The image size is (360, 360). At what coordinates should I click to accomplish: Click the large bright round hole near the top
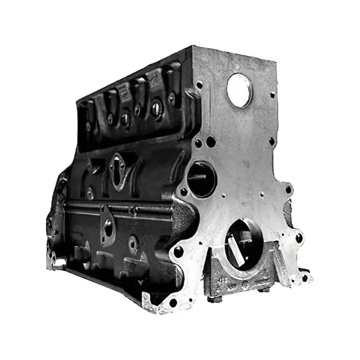239,91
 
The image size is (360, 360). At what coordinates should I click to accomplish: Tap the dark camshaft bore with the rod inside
202,178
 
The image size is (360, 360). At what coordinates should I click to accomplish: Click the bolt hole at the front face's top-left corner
199,85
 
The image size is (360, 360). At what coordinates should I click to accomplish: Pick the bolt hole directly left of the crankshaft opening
178,252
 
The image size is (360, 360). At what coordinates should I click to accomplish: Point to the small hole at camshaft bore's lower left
184,191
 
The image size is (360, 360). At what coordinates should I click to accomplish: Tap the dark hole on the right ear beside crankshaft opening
299,238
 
